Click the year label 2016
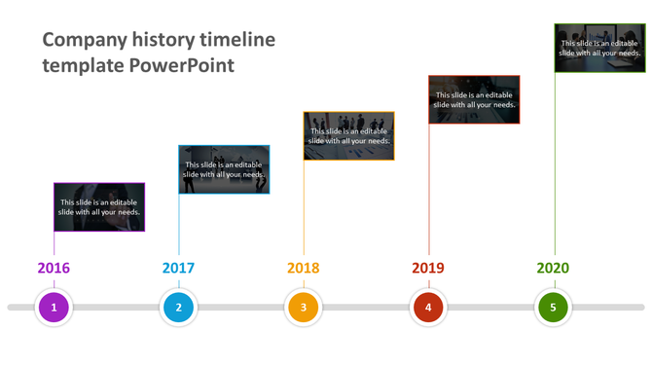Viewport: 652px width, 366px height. click(x=54, y=268)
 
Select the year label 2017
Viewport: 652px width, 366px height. click(x=178, y=268)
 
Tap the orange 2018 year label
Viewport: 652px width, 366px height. click(x=303, y=268)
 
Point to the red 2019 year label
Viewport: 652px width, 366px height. click(x=427, y=268)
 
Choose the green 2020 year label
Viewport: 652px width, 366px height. click(x=553, y=268)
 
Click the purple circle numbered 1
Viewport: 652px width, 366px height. click(x=54, y=308)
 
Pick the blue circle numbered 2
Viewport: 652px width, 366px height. click(x=178, y=308)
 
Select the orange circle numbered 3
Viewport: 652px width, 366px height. click(x=303, y=308)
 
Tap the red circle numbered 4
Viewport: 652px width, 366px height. click(x=427, y=308)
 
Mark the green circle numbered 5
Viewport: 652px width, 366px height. click(x=553, y=308)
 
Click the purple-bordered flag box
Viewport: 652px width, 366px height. click(x=99, y=207)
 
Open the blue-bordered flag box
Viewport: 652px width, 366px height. click(x=224, y=169)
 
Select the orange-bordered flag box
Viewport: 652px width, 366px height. click(x=348, y=135)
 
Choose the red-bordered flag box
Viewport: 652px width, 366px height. click(x=474, y=99)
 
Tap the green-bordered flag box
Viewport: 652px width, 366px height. click(x=599, y=48)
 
